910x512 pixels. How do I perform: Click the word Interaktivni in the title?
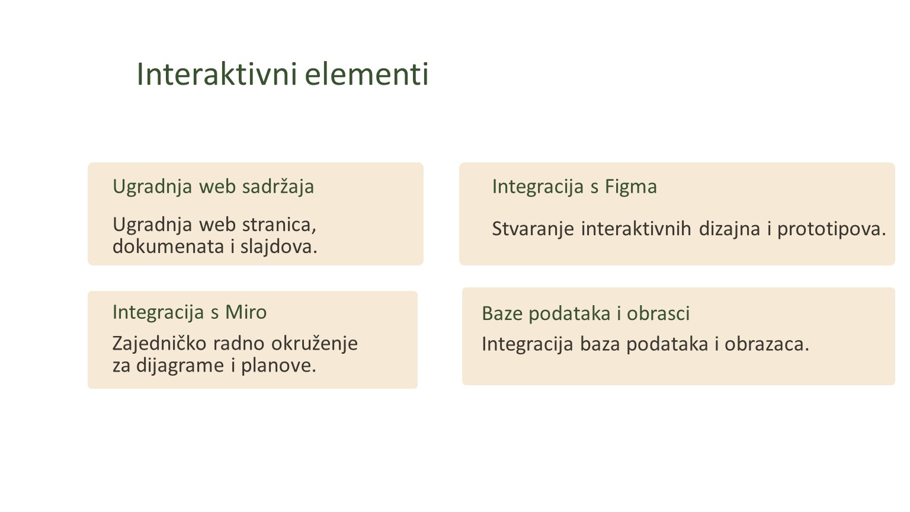(x=217, y=74)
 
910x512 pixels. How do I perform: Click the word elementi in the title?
(x=367, y=74)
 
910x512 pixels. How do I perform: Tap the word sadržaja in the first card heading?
(x=278, y=187)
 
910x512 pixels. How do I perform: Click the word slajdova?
(x=278, y=247)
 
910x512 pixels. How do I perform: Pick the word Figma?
(x=630, y=187)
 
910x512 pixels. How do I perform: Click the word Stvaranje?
(x=533, y=229)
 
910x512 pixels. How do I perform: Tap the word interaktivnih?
(x=636, y=228)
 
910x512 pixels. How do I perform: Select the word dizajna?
(x=729, y=229)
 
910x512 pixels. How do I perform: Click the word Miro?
(x=246, y=312)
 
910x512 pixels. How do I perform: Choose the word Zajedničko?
(x=159, y=344)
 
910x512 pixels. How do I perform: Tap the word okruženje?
(x=315, y=344)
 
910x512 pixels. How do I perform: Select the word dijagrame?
(x=180, y=365)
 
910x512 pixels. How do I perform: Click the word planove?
(x=278, y=365)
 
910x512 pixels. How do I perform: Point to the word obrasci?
(x=658, y=313)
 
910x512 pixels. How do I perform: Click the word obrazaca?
(x=767, y=344)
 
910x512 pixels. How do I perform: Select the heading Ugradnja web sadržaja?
(x=213, y=187)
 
